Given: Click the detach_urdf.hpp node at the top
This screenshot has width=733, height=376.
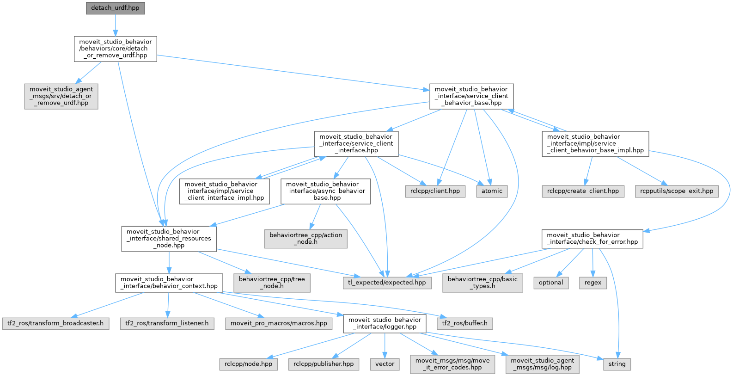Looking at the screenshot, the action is coord(116,8).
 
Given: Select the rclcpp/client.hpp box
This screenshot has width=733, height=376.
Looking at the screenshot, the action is coord(435,191).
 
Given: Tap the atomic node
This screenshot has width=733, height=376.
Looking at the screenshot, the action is coord(492,191).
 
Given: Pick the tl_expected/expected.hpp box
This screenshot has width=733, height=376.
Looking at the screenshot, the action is coord(387,283).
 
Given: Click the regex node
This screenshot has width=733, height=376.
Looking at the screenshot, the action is coord(593,283).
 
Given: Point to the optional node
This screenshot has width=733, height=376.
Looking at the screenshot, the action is coord(551,283).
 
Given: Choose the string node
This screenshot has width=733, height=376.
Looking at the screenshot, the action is coord(617,364).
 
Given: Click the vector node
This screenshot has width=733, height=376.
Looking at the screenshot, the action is coord(385,364).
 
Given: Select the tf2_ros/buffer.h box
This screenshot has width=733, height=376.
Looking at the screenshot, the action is coord(464,323).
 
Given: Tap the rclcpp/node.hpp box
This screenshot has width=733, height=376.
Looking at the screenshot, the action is coord(248,364).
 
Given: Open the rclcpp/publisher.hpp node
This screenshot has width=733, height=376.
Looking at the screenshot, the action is coord(324,364).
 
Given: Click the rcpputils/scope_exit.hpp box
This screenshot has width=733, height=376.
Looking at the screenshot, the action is coord(677,191).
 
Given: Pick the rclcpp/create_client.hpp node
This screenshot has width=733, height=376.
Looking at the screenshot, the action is coord(583,191).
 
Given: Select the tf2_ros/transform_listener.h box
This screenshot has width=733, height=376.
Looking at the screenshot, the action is coord(167,323).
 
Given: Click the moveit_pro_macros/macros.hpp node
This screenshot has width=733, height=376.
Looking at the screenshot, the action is coord(279,323).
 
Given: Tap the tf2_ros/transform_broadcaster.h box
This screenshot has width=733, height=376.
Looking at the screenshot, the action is coord(55,323).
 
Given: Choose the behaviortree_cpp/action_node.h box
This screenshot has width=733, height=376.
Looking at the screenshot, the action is coord(306,239).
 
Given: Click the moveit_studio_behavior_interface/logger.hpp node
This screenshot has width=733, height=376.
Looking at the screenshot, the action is coord(385,323).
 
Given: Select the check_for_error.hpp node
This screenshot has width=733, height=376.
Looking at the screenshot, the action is coord(593,239).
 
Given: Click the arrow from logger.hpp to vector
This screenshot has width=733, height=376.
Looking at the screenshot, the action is coord(385,345).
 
